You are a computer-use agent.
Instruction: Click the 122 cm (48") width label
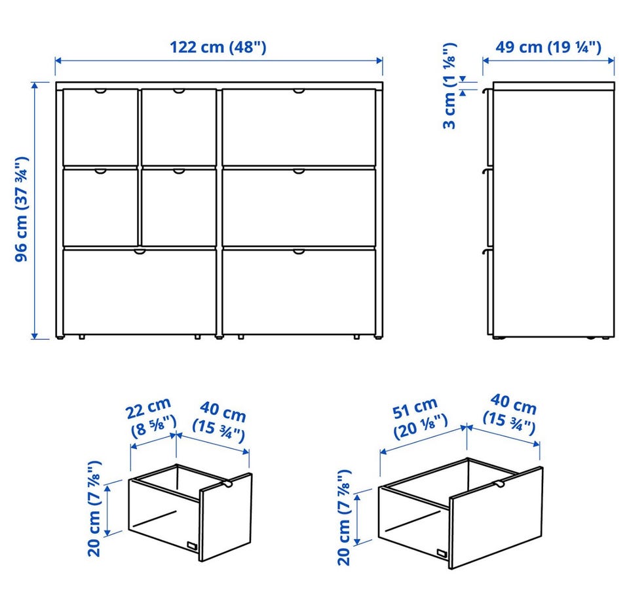coord(218,47)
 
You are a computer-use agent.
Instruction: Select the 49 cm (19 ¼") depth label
coord(548,47)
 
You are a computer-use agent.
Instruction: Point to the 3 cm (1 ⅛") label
coord(449,86)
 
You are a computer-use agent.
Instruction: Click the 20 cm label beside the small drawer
coord(94,509)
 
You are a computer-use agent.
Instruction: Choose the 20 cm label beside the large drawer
coord(344,518)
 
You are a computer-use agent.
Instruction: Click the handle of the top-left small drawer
coord(101,92)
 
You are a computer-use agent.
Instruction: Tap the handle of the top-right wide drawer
coord(299,92)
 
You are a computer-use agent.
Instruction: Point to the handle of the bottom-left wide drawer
coord(140,252)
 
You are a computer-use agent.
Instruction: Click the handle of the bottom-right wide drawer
coord(299,252)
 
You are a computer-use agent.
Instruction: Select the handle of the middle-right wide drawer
coord(299,171)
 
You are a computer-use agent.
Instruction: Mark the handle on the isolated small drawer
coord(228,484)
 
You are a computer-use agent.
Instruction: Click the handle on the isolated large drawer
coord(499,484)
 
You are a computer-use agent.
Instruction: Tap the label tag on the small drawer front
coord(192,546)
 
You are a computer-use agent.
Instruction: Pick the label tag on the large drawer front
coord(442,553)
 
